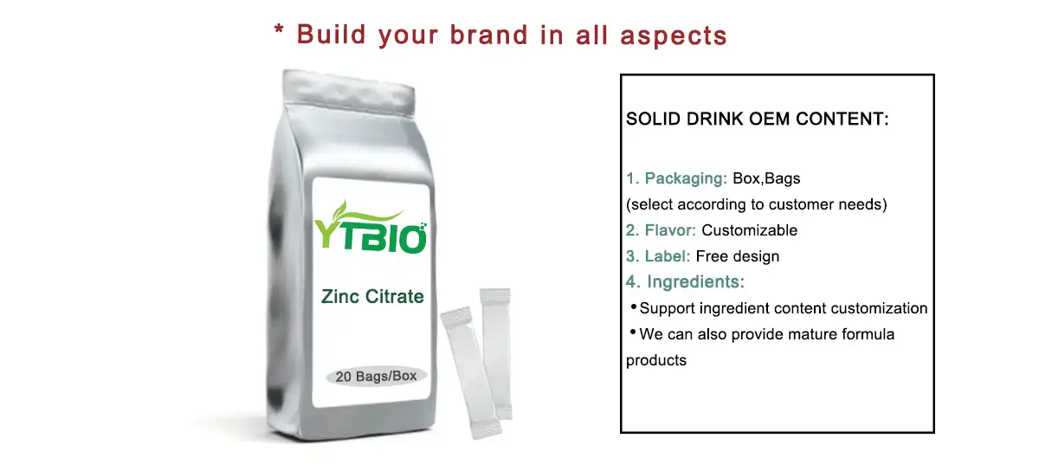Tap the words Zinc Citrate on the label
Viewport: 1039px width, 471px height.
(372, 297)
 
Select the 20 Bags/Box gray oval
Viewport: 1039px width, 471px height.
(376, 377)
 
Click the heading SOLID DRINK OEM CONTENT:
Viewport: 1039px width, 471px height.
(758, 119)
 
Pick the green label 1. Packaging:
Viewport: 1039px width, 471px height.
(677, 179)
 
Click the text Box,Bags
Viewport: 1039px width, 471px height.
(766, 179)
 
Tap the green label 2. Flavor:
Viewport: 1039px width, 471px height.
(661, 230)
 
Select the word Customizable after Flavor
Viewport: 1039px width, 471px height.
(749, 230)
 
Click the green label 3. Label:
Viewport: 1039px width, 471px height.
(658, 256)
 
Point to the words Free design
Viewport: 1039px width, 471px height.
(737, 256)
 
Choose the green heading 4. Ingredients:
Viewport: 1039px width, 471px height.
(686, 281)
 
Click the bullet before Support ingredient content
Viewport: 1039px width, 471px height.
(633, 307)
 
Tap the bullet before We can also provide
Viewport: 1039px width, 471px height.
(633, 333)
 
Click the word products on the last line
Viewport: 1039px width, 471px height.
(656, 360)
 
